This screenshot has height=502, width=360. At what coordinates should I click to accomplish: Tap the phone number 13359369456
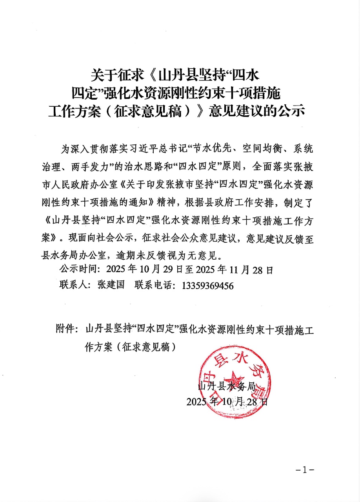[x=208, y=286]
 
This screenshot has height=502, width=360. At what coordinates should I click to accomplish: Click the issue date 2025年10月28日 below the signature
[x=227, y=402]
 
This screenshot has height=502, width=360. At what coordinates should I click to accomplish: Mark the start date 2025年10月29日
[x=142, y=270]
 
